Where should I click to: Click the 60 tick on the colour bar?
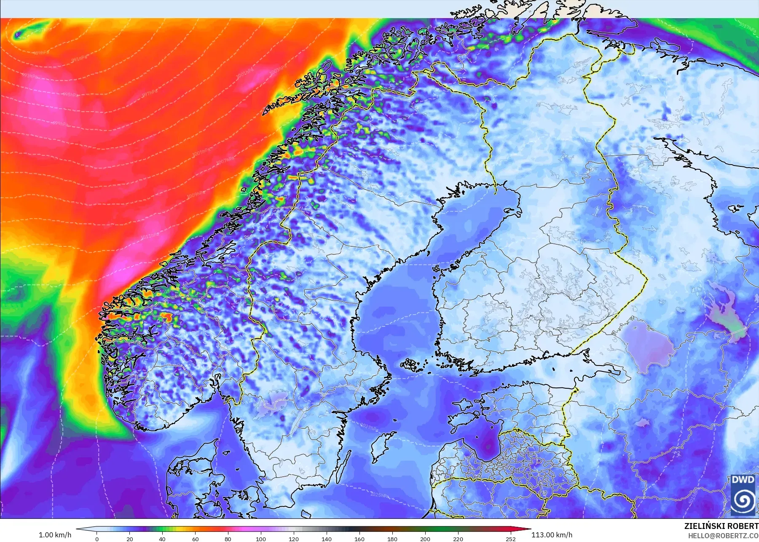click(195, 539)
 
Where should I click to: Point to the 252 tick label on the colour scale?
click(511, 539)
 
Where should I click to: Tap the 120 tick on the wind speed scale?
click(294, 539)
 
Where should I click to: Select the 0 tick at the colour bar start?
click(97, 539)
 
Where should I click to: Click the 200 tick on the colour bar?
click(425, 539)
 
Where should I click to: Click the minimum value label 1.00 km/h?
click(55, 535)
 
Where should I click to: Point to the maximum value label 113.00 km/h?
click(552, 535)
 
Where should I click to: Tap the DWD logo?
click(743, 495)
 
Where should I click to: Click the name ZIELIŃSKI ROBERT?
click(721, 526)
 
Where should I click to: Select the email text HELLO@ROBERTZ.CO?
click(723, 536)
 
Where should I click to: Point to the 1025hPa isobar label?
click(379, 495)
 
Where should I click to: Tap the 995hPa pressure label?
click(70, 95)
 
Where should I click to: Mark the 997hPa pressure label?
click(150, 93)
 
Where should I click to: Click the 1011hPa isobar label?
click(150, 236)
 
